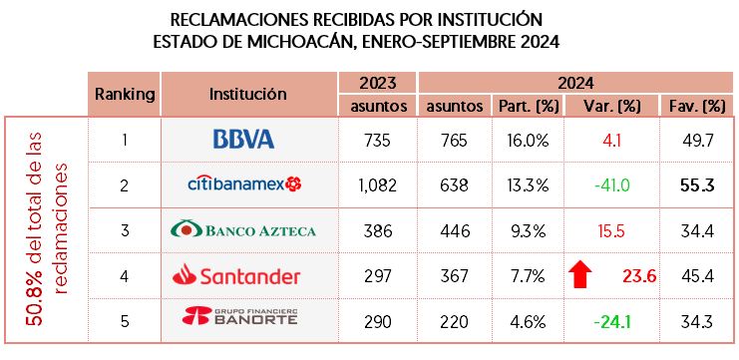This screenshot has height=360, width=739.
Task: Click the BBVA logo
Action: [243, 140]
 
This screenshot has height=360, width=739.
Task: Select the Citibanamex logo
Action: [244, 184]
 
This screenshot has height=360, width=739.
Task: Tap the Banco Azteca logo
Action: [243, 230]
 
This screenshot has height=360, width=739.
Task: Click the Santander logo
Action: [243, 275]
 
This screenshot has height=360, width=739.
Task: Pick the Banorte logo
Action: [243, 320]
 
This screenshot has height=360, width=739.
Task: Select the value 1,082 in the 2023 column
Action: [378, 184]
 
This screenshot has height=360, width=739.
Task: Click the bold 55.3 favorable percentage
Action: [695, 184]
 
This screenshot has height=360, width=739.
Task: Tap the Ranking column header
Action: [125, 94]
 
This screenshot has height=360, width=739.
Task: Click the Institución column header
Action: [248, 94]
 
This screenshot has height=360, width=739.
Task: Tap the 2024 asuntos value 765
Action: [453, 140]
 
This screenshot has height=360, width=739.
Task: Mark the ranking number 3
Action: [125, 230]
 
